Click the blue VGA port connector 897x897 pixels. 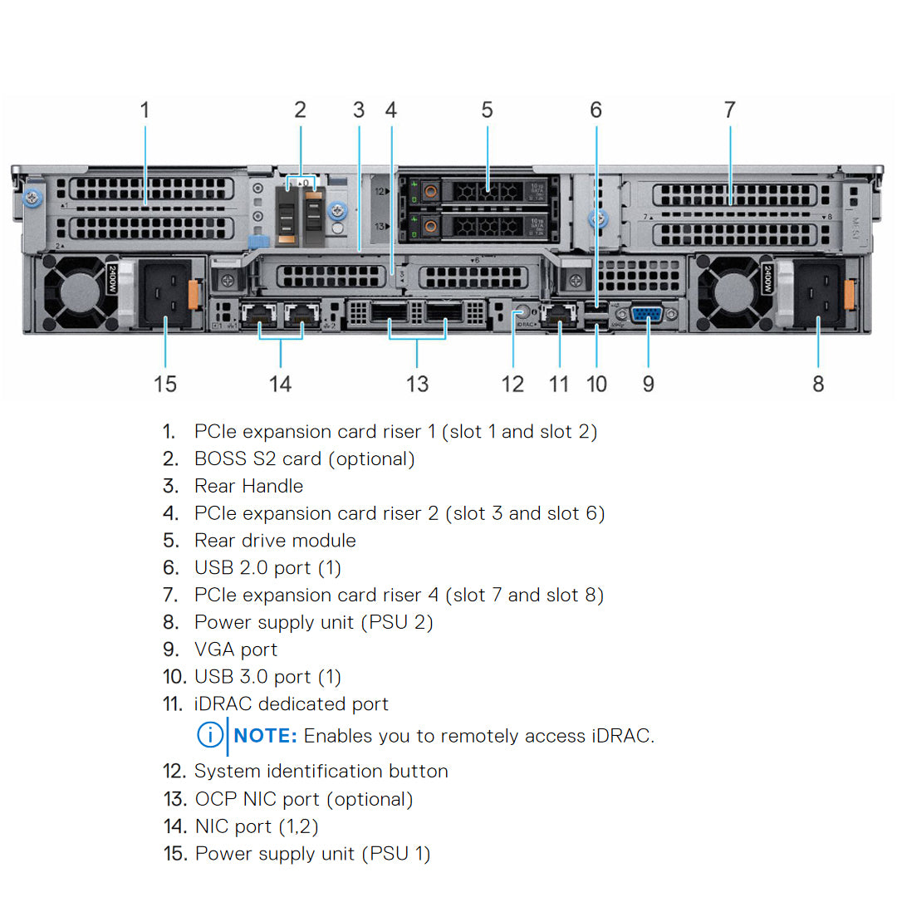click(647, 314)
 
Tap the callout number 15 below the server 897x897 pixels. click(165, 384)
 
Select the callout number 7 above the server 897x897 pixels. click(729, 110)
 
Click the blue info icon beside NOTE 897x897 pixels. click(209, 735)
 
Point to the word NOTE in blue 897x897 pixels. click(266, 736)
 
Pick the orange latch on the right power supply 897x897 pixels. click(849, 295)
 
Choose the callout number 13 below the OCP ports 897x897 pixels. click(417, 384)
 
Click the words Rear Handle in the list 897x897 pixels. click(248, 486)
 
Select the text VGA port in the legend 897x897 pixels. click(236, 649)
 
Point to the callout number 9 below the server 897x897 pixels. click(649, 384)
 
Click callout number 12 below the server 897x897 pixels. click(512, 384)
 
